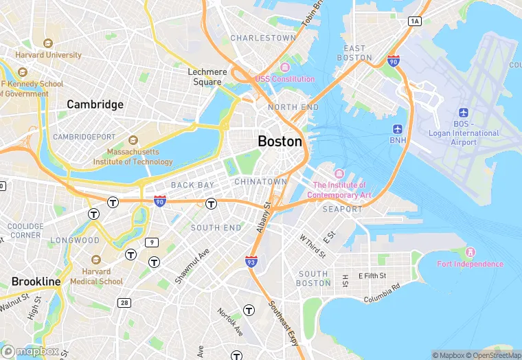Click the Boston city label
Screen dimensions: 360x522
(280, 141)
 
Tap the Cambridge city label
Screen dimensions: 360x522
(95, 104)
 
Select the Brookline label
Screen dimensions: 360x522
(36, 282)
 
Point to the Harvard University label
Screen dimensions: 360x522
(48, 55)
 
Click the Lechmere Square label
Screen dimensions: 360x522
(207, 76)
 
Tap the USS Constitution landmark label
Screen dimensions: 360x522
(284, 78)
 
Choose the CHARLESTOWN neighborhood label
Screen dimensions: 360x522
(263, 38)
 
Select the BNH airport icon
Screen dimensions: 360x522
(398, 129)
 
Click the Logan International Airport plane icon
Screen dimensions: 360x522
(463, 113)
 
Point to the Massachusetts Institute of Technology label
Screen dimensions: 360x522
(139, 157)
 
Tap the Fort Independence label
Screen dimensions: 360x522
(470, 264)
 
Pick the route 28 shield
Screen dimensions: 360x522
(124, 302)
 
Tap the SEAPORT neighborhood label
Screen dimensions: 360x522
(342, 209)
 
